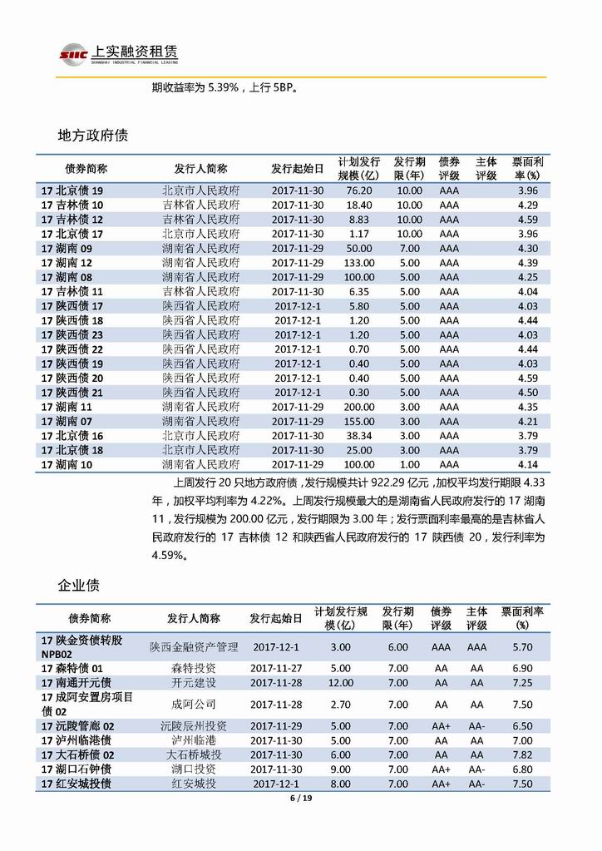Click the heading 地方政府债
pyautogui.click(x=91, y=135)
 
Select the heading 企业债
pyautogui.click(x=78, y=585)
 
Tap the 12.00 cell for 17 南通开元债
pyautogui.click(x=341, y=682)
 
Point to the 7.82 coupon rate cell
pyautogui.click(x=522, y=754)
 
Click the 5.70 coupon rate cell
pyautogui.click(x=522, y=646)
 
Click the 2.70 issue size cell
pyautogui.click(x=341, y=704)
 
